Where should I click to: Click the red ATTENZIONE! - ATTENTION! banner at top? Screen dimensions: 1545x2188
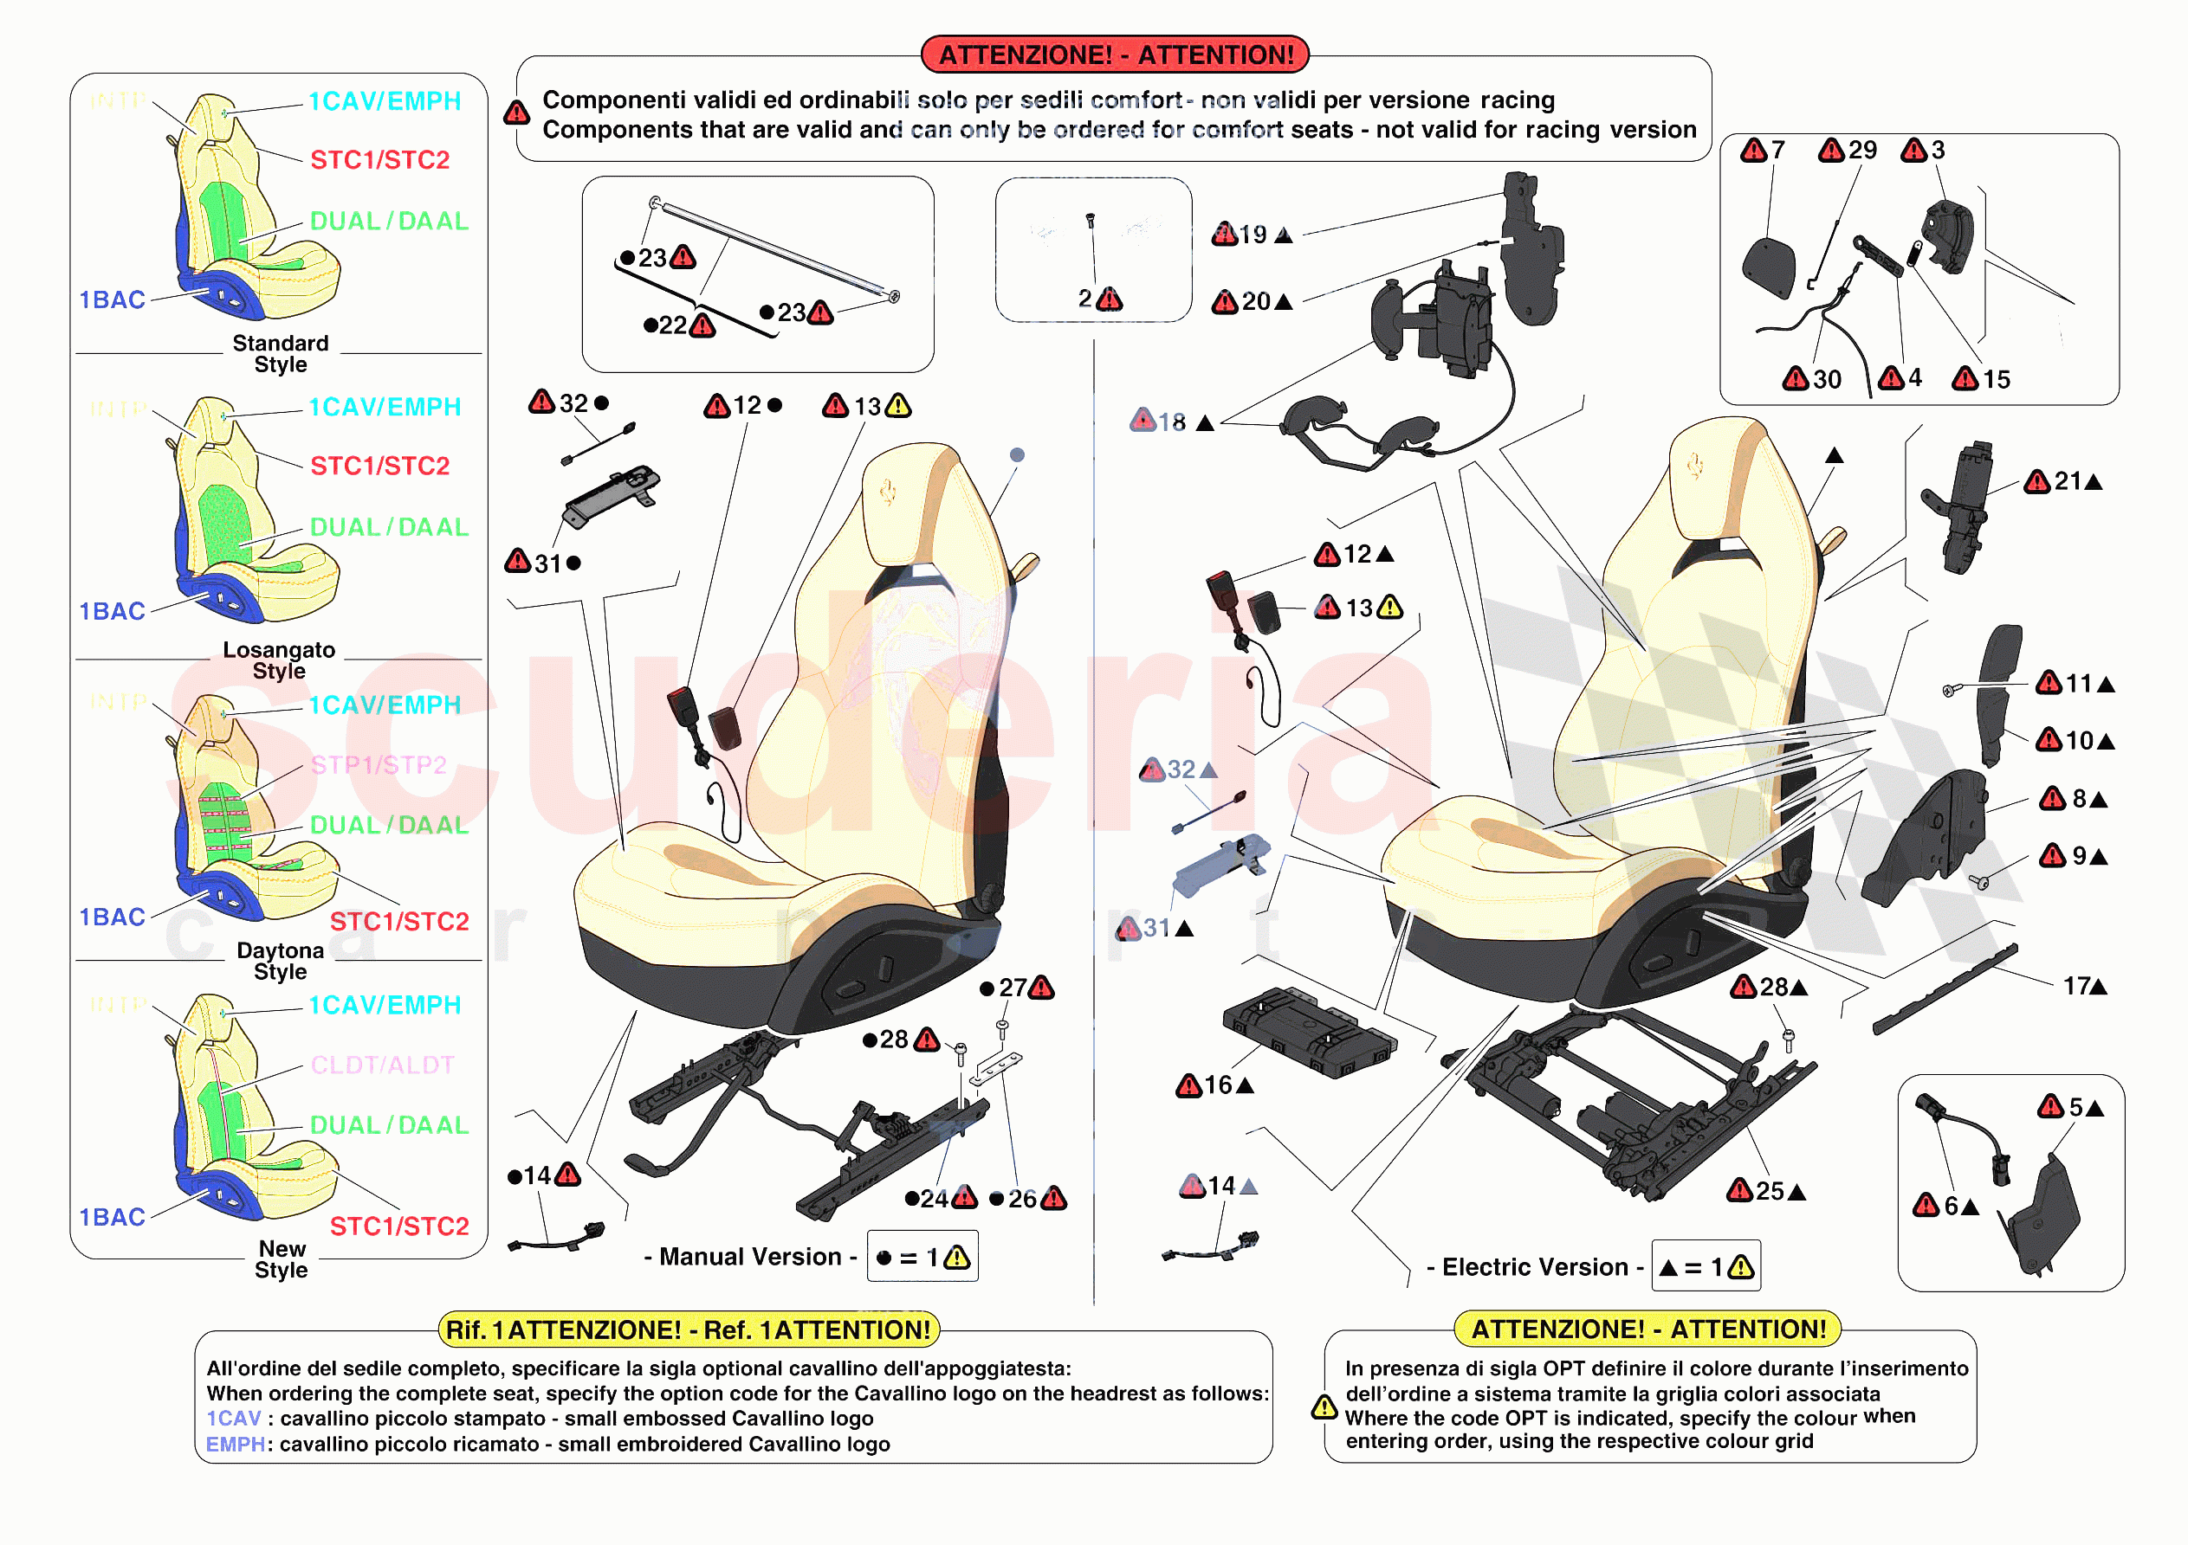pos(1115,55)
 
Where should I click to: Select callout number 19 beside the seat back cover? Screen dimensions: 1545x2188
pos(1253,235)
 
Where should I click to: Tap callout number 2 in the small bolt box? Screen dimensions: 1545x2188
pos(1085,299)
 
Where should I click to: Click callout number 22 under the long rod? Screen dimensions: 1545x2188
pos(672,325)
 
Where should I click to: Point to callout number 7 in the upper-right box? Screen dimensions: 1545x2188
pos(1777,151)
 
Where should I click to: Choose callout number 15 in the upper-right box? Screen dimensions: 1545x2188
pos(1996,380)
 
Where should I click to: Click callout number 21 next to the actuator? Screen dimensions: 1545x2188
pos(2067,482)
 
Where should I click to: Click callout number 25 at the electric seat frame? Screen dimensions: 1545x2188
pos(1770,1192)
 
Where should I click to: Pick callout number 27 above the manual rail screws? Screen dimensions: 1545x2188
pos(1012,988)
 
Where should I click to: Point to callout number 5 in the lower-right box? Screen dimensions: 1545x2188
pos(2075,1108)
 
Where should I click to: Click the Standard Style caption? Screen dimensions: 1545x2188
pos(280,354)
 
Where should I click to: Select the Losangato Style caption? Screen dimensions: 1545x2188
pos(279,661)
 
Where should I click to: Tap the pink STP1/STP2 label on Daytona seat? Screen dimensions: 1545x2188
pos(379,766)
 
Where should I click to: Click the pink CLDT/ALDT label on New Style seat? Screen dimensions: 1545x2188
pos(382,1065)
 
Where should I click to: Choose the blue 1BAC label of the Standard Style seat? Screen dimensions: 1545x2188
pos(112,300)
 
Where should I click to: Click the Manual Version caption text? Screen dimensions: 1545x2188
pos(750,1258)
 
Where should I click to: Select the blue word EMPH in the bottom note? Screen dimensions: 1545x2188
pos(235,1445)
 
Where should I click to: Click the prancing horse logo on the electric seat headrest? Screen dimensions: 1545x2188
pos(1695,467)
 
